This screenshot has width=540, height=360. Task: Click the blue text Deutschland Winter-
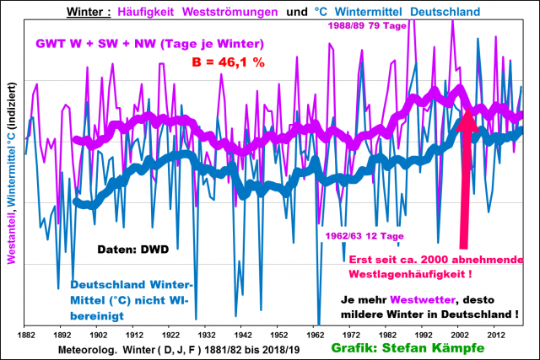132,284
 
